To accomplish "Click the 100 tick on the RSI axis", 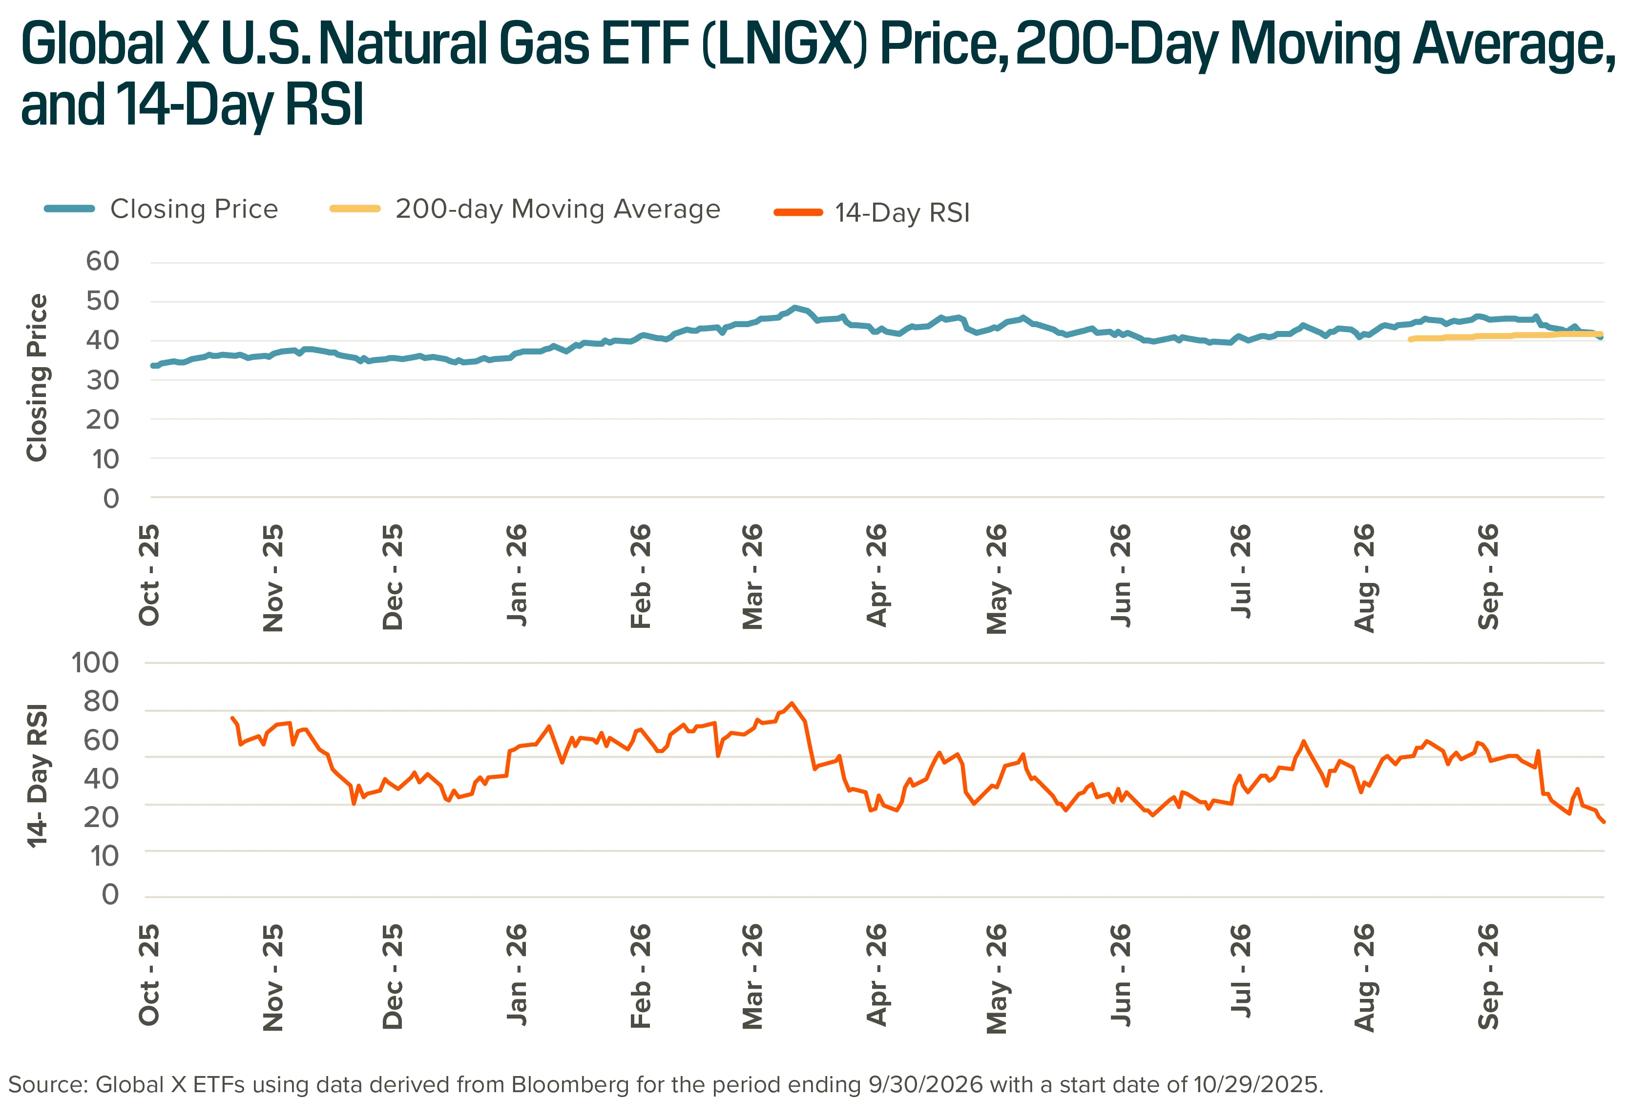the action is [95, 663].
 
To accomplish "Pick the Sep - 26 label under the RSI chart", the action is [1488, 976].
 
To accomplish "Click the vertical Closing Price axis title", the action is [37, 377].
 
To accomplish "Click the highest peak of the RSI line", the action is [792, 703].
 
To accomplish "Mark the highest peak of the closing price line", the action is [794, 307].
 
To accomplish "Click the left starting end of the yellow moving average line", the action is [1410, 339].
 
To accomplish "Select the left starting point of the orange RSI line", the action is [232, 718].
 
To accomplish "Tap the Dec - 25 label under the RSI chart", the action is [393, 976].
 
